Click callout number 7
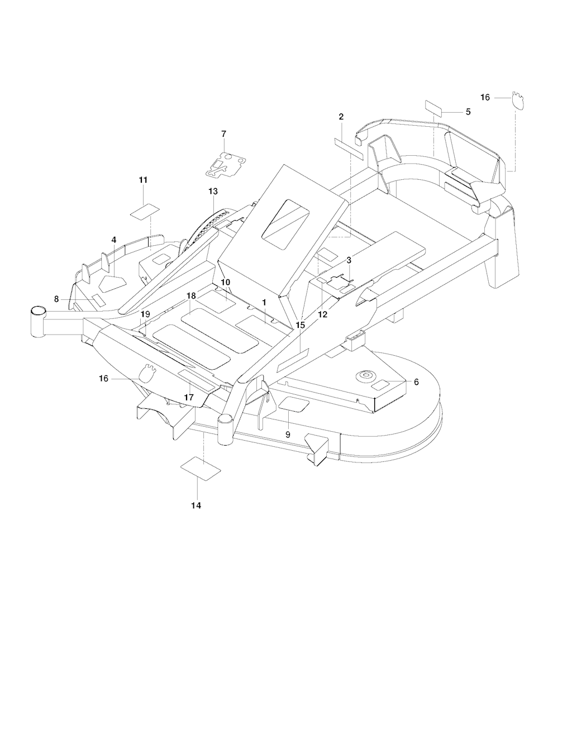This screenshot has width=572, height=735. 224,133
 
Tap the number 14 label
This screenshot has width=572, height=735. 196,505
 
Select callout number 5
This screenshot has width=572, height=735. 468,112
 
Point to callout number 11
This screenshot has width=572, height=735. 143,180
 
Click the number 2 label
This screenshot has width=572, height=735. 341,117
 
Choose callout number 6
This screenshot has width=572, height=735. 416,382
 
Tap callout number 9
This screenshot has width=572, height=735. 288,433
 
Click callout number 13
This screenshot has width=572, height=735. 213,191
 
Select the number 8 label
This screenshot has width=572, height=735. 56,299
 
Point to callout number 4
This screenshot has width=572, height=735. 114,240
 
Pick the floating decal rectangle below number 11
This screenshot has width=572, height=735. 145,212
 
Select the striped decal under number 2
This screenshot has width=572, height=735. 349,146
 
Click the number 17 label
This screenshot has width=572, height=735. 189,397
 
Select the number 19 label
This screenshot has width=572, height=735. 145,314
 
